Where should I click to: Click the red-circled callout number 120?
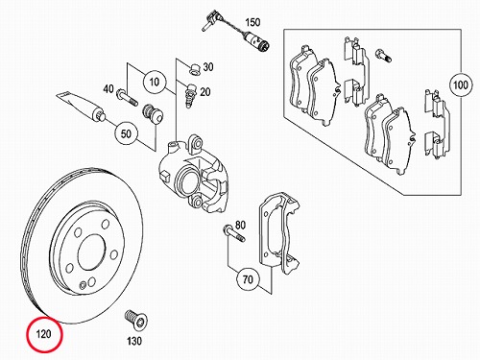click(43, 334)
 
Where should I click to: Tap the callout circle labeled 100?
click(461, 85)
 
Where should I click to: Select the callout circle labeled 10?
click(155, 82)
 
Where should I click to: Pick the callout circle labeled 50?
click(126, 133)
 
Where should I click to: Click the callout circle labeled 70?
click(248, 279)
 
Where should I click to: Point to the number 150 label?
click(252, 22)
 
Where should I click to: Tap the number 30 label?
click(208, 67)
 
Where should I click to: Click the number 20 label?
click(205, 92)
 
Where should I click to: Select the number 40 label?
click(108, 88)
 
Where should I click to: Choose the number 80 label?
click(240, 225)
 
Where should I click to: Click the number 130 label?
click(134, 341)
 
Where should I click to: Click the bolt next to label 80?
click(234, 233)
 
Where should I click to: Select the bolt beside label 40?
click(128, 97)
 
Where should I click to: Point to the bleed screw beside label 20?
click(191, 96)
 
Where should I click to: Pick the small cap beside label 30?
click(194, 69)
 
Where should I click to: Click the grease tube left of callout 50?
click(81, 107)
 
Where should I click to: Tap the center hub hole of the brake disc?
click(92, 252)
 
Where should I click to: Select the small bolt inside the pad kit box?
click(383, 56)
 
